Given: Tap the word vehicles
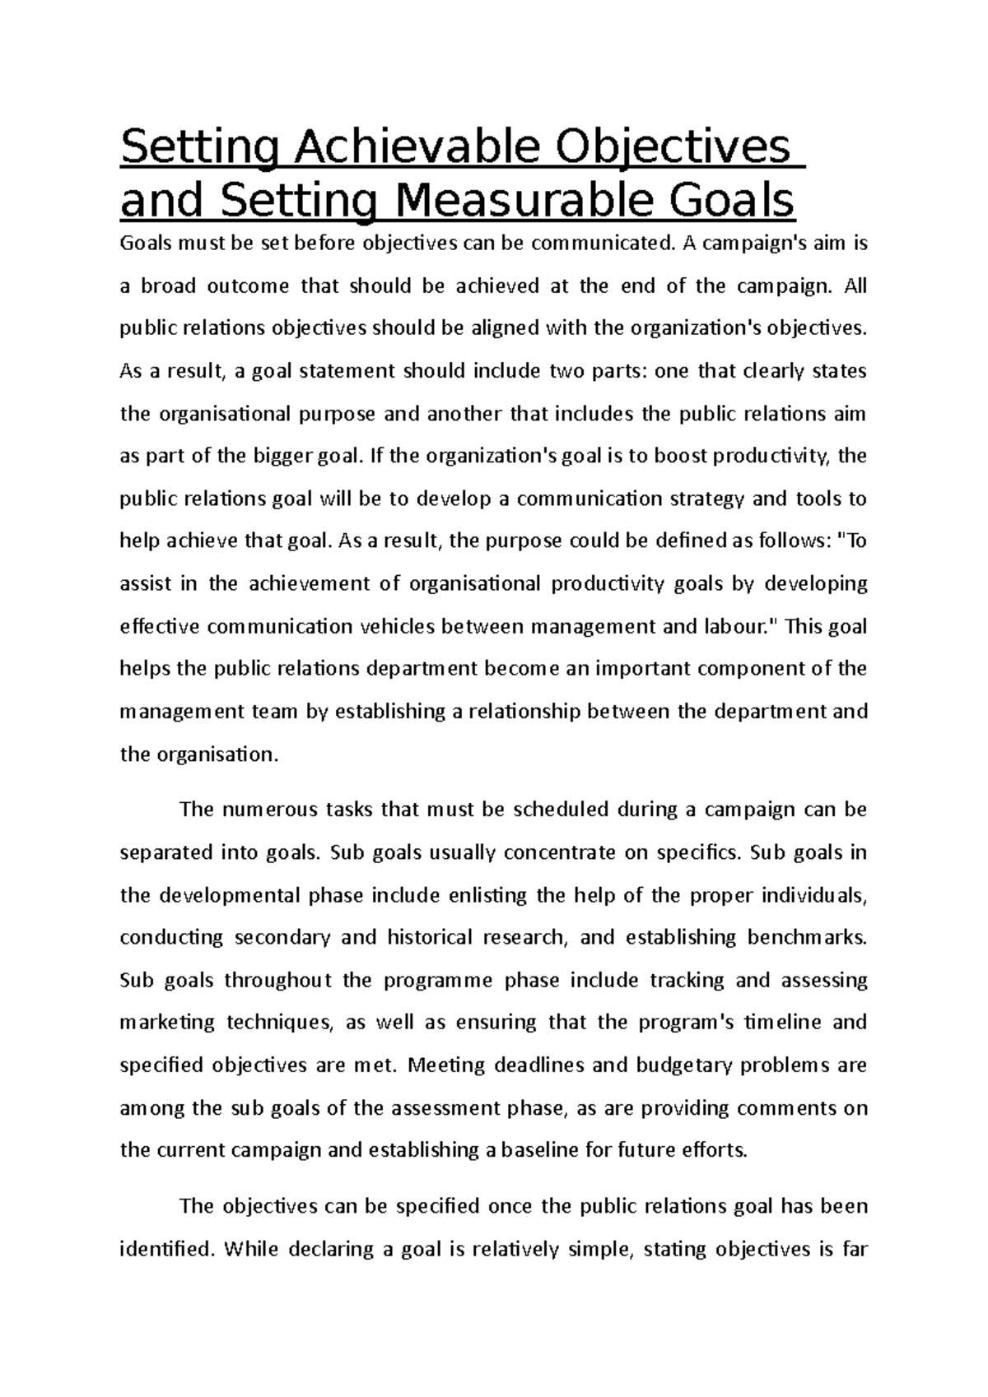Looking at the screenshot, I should tap(399, 626).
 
